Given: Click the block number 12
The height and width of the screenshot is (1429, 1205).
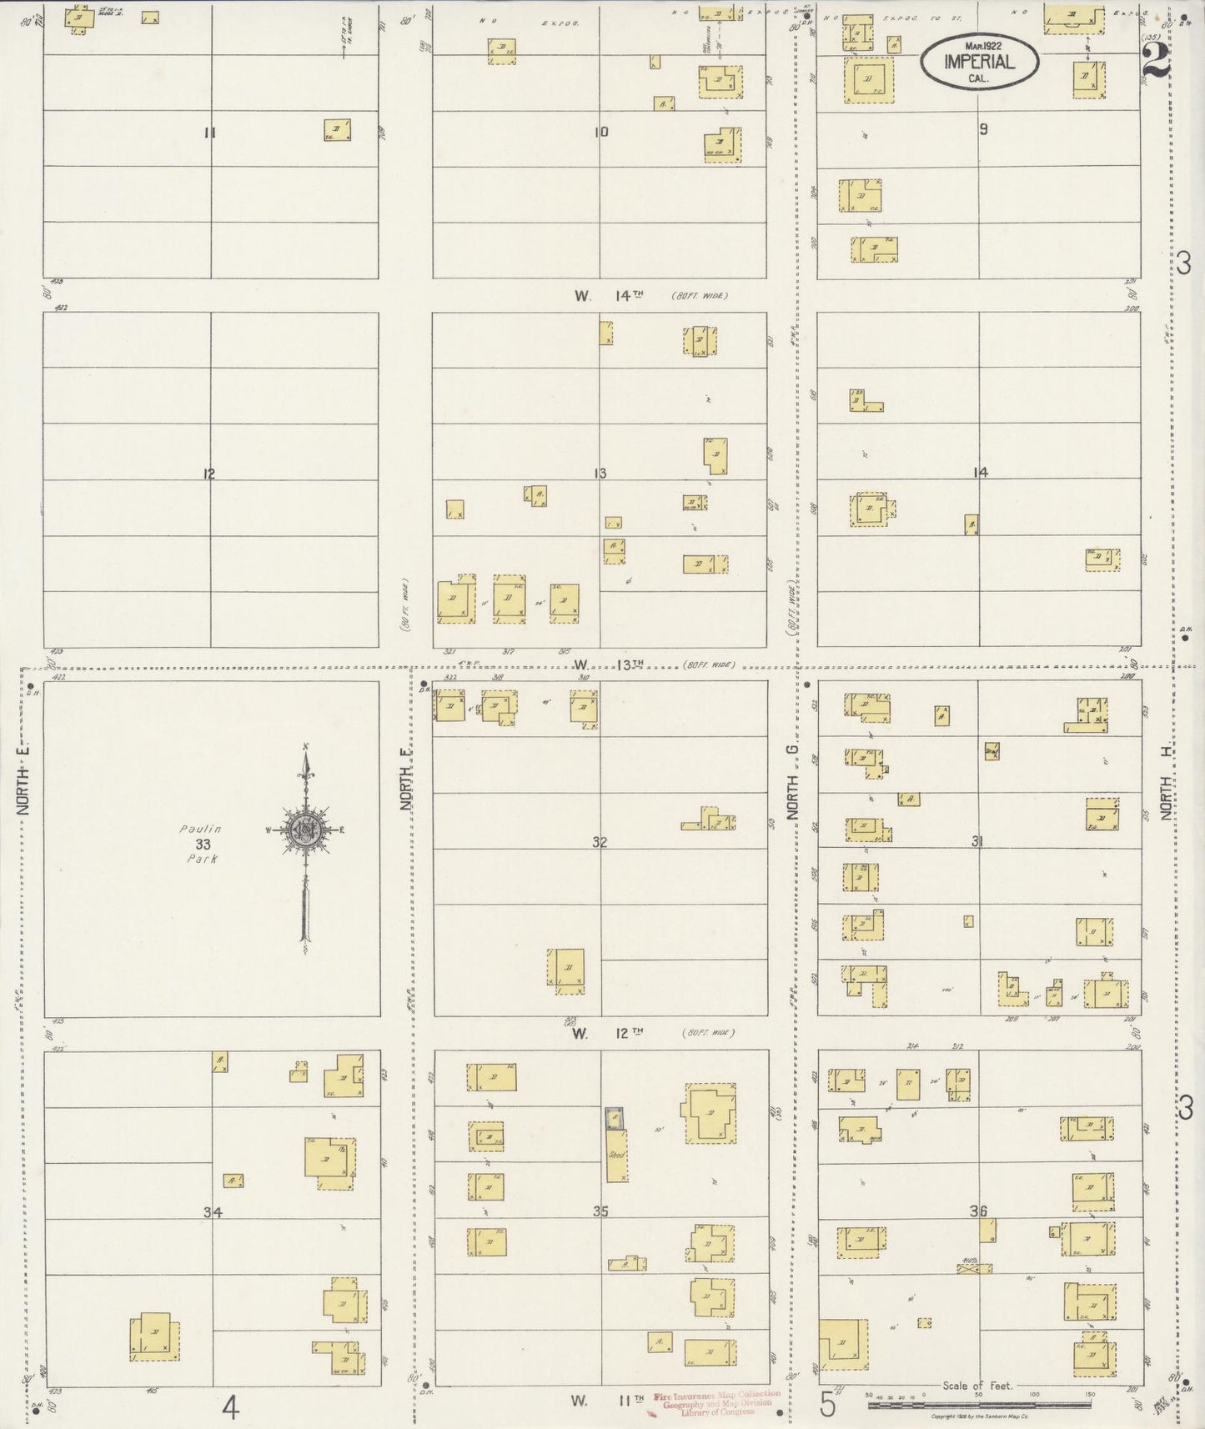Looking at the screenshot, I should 208,474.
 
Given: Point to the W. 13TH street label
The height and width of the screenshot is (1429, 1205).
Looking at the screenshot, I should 610,664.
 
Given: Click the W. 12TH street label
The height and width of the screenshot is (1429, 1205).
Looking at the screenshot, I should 609,1032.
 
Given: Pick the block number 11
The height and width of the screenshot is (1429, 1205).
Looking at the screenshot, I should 209,132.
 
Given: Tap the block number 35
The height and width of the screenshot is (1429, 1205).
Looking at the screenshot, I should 600,1211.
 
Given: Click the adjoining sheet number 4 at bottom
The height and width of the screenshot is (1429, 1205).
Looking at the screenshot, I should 231,1408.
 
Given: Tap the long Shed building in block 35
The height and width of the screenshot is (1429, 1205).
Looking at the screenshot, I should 616,1154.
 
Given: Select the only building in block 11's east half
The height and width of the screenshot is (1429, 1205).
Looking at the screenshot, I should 337,130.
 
